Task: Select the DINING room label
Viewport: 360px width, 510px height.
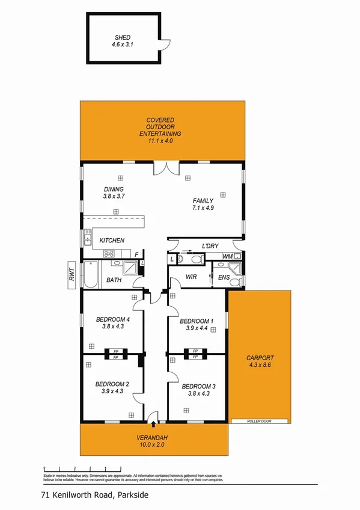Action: pos(114,189)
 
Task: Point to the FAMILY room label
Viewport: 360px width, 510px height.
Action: pos(203,200)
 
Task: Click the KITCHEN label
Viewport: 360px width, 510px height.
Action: pos(112,241)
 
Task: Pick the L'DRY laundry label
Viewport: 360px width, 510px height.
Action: pos(210,247)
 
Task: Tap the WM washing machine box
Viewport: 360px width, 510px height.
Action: pos(227,257)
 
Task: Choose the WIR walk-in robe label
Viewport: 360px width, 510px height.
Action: pos(192,277)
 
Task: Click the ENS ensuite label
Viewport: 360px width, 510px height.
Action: pos(224,278)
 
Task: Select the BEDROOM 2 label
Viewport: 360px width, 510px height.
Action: pos(112,384)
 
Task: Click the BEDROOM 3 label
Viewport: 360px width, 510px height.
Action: pos(198,386)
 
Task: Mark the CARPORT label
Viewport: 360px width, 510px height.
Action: pos(260,358)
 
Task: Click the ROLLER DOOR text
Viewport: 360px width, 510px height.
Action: pos(259,422)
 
